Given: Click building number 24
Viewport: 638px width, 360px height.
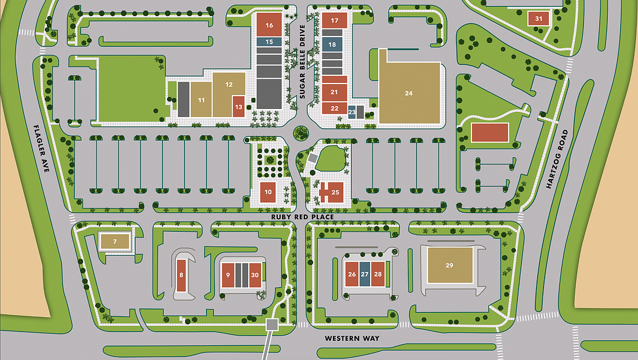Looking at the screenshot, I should coord(409,93).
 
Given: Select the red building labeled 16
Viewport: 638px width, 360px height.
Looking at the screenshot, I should coord(269,25).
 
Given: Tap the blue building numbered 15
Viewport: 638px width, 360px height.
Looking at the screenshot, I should coord(269,42).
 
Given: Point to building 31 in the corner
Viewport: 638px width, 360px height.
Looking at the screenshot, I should coord(539,19).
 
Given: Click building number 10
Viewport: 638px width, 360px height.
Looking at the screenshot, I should coord(268,192).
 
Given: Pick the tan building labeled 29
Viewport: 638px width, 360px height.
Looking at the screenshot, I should coord(449,265).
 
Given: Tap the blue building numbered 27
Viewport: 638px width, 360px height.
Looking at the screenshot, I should coord(364,274).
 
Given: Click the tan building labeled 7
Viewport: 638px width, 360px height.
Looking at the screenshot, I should coord(115,241).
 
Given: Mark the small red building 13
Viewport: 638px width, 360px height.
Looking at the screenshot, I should coord(238,107).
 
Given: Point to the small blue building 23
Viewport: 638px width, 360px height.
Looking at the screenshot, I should coord(352,111).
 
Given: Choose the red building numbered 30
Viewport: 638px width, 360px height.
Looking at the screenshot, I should coord(255,275).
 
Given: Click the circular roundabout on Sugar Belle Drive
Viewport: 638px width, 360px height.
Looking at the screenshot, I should coord(300,133).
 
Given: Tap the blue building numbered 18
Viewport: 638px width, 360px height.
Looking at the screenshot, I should coord(332,44).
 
